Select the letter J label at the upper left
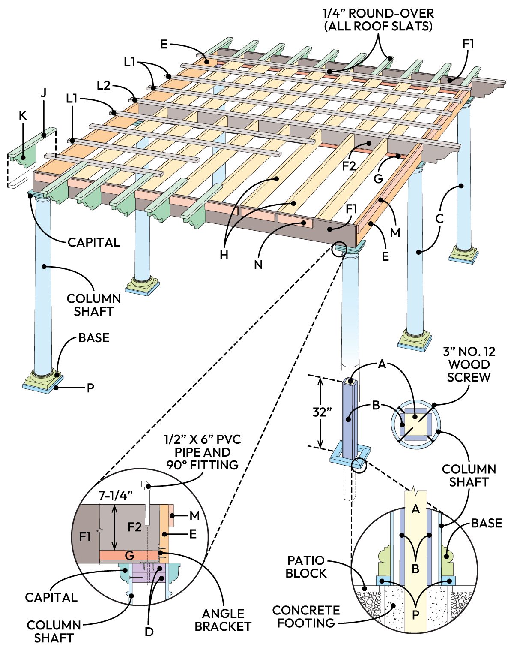click(43, 93)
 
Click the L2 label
click(104, 85)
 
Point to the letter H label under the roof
click(224, 255)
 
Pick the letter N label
click(258, 265)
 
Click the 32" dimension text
click(322, 412)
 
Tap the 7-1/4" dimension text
click(116, 496)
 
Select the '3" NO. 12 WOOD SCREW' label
click(469, 364)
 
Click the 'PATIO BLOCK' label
click(306, 566)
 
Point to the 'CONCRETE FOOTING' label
click(306, 616)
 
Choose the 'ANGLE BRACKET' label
click(222, 620)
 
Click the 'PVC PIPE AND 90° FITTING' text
click(202, 452)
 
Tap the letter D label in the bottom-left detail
click(149, 632)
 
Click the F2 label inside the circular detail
click(134, 527)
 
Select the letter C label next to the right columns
click(439, 219)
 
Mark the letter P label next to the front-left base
click(90, 388)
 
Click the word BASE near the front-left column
click(94, 338)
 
